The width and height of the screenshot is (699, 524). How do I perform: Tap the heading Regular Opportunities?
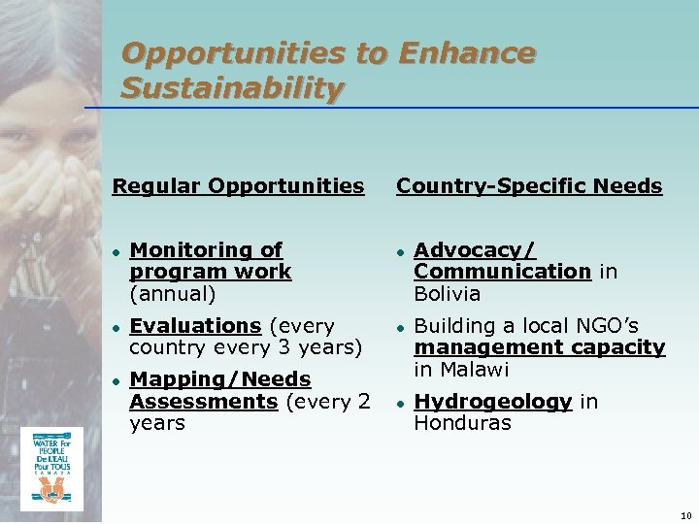(238, 184)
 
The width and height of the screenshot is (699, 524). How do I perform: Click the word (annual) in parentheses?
(172, 293)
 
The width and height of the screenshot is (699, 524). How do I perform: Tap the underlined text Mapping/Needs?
(219, 379)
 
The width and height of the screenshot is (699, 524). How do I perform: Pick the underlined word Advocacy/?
(475, 250)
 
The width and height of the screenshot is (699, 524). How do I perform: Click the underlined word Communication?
(503, 272)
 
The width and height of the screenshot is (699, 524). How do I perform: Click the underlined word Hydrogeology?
(492, 401)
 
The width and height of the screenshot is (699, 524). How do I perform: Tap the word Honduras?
(462, 423)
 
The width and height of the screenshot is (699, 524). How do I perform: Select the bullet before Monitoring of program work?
(116, 251)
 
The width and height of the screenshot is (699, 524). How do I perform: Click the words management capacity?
(539, 347)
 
